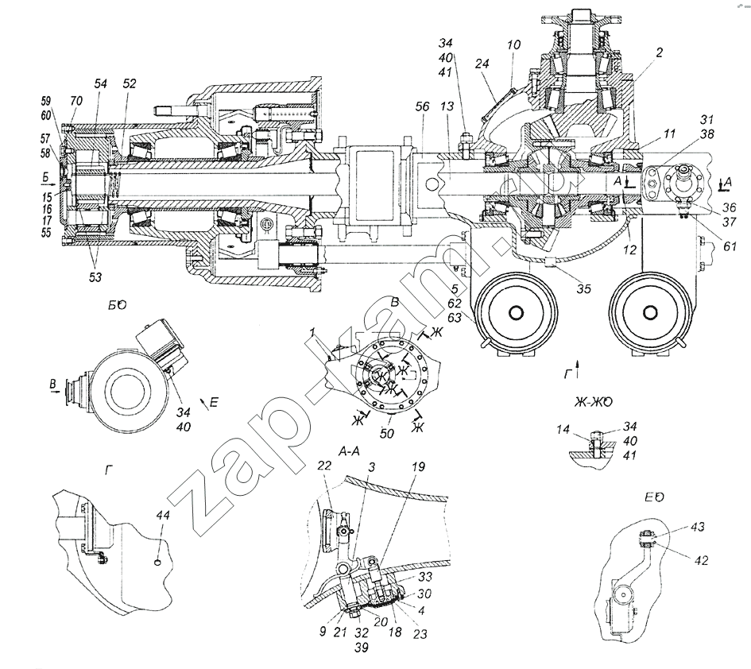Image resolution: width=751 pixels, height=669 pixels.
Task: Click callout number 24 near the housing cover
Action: pos(482,64)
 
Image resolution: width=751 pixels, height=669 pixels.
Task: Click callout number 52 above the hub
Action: pos(130,83)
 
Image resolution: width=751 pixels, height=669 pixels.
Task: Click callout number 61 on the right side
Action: pos(730,247)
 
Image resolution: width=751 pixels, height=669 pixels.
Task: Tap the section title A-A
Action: pos(350,451)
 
